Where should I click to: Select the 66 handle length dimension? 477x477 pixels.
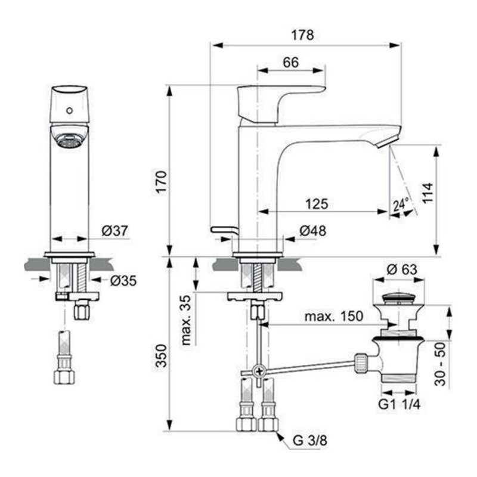(290, 61)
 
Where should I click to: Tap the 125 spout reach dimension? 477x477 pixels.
(317, 204)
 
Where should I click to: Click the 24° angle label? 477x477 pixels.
(401, 205)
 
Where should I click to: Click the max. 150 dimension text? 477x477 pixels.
(333, 317)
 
